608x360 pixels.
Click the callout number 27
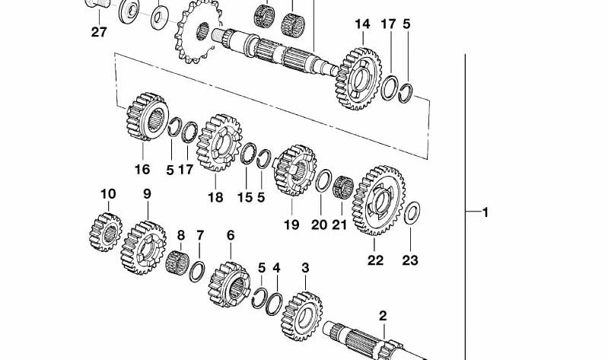tap(99, 32)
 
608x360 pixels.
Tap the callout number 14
tap(362, 24)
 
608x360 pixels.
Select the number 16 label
tap(142, 170)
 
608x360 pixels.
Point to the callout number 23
tap(410, 260)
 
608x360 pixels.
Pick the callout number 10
tap(108, 194)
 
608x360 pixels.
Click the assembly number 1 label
tap(485, 212)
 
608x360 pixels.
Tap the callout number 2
tap(383, 315)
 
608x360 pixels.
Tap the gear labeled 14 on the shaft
tap(358, 78)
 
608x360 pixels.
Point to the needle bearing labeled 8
tap(177, 263)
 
